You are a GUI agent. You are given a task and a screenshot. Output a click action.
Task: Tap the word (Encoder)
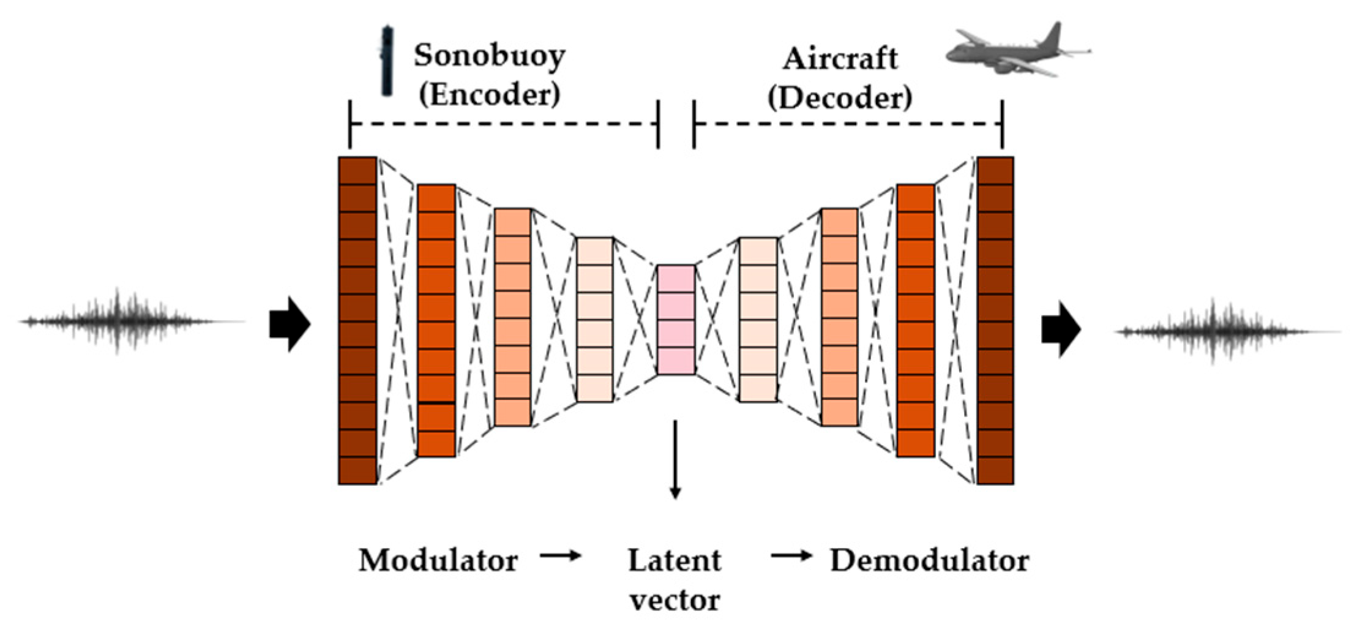[x=489, y=95]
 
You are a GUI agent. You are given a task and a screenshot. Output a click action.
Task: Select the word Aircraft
[x=840, y=59]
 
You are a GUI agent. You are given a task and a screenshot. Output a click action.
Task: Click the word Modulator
[x=438, y=560]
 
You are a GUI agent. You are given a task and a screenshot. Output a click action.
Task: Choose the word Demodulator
[x=929, y=560]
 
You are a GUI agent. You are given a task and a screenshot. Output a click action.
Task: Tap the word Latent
[x=675, y=560]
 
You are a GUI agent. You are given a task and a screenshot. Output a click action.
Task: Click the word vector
[x=675, y=600]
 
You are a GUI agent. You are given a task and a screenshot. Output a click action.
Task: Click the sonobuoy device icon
[x=386, y=61]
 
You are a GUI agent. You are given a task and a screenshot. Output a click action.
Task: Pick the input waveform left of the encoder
[x=132, y=321]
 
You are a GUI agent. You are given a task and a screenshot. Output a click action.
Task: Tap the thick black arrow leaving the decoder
[x=1061, y=329]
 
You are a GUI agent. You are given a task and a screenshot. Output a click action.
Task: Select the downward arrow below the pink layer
[x=675, y=459]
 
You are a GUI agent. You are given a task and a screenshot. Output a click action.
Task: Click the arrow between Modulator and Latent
[x=560, y=556]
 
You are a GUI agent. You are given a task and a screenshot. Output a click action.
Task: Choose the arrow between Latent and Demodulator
[x=791, y=556]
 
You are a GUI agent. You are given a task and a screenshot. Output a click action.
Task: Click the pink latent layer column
[x=676, y=319]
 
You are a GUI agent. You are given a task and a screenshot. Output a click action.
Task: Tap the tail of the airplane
[x=1053, y=37]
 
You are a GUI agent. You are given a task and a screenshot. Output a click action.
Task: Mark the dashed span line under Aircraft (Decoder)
[x=848, y=124]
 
